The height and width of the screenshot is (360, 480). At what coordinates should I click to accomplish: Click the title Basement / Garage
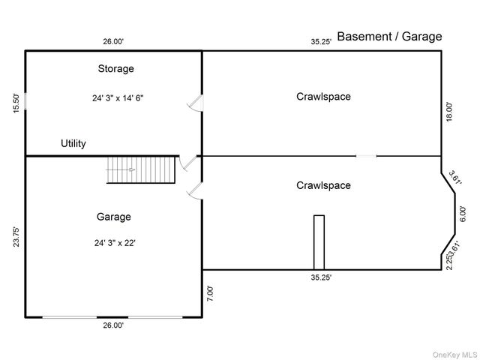pos(389,36)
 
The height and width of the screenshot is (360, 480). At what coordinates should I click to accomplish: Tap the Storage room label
pos(116,69)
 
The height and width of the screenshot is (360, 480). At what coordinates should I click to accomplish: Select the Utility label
pos(73,143)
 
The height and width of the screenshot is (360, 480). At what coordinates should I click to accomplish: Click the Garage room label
pos(114,217)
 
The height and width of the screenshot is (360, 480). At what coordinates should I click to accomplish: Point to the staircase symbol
pos(141,169)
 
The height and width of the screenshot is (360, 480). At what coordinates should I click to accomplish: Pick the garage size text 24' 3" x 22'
pos(115,242)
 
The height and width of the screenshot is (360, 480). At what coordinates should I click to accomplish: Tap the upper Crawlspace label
pos(323,97)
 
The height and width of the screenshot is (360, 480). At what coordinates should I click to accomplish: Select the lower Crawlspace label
pos(323,185)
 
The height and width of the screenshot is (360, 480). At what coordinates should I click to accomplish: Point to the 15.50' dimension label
pos(16,103)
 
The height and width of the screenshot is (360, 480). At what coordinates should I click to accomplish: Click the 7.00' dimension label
pos(210,293)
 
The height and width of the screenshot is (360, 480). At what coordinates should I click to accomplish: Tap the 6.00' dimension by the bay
pos(462,215)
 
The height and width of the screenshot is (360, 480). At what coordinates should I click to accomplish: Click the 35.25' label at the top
pos(322,42)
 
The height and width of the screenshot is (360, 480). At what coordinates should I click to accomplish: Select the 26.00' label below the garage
pos(113,325)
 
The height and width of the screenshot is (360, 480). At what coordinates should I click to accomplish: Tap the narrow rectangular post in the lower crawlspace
pos(319,241)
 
